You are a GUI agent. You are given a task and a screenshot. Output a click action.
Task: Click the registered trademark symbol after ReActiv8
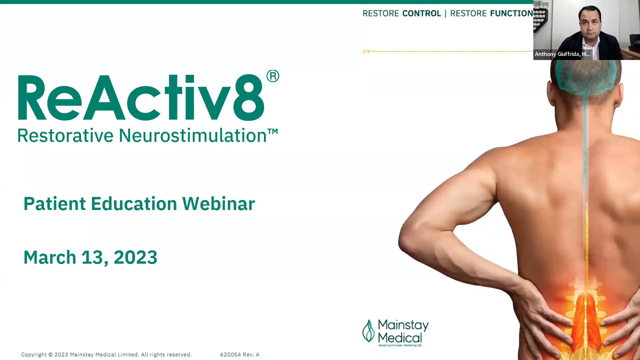pyautogui.click(x=273, y=76)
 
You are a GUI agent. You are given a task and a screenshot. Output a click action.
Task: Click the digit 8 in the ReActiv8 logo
pyautogui.click(x=248, y=98)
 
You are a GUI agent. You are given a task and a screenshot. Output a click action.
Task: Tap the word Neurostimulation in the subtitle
pyautogui.click(x=192, y=136)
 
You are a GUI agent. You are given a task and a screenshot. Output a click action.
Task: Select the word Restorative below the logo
pyautogui.click(x=65, y=136)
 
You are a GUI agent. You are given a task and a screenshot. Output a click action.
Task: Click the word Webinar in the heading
pyautogui.click(x=218, y=204)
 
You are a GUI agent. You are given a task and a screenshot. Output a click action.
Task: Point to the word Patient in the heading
pyautogui.click(x=55, y=204)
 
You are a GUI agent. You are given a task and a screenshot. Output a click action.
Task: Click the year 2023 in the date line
pyautogui.click(x=135, y=257)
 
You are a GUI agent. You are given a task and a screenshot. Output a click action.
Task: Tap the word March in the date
pyautogui.click(x=50, y=257)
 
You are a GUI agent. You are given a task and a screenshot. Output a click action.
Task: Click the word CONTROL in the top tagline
pyautogui.click(x=421, y=13)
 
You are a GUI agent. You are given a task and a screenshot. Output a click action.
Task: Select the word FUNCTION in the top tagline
pyautogui.click(x=511, y=13)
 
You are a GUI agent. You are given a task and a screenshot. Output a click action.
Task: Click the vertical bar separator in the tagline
pyautogui.click(x=445, y=13)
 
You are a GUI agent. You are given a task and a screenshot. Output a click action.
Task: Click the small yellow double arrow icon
pyautogui.click(x=366, y=51)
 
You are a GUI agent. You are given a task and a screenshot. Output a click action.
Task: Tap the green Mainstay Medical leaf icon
pyautogui.click(x=368, y=331)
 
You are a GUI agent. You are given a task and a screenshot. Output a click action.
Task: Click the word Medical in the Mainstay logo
pyautogui.click(x=400, y=338)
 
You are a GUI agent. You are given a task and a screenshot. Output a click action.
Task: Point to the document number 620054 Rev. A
pyautogui.click(x=240, y=355)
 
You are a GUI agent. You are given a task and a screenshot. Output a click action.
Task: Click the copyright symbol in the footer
pyautogui.click(x=51, y=355)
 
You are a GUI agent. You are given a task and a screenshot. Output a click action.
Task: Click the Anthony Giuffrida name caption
pyautogui.click(x=562, y=54)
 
